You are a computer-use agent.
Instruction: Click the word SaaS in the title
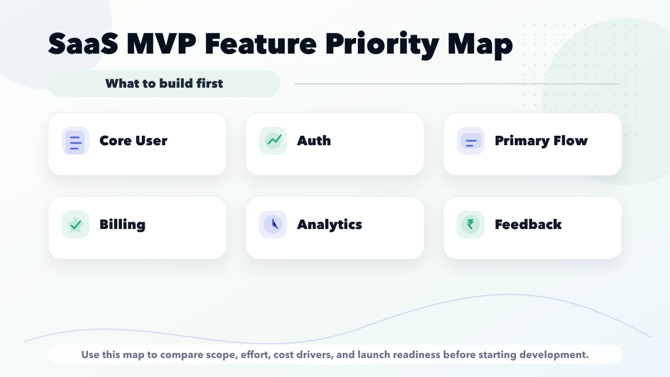(83, 44)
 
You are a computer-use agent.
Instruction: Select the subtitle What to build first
(164, 84)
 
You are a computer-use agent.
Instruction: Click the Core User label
(133, 141)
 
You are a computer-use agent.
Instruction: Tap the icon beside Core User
(75, 141)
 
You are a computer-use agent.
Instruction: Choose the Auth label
(314, 141)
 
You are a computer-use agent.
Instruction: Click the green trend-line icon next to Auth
(273, 141)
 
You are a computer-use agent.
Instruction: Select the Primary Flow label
(541, 141)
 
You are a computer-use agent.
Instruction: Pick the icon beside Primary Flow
(471, 141)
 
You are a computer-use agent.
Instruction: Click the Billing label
(122, 225)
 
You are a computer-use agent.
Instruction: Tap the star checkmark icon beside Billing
(75, 225)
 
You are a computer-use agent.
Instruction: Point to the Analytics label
(329, 225)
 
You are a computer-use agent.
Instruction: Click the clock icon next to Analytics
(273, 225)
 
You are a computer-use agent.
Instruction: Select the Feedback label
(528, 225)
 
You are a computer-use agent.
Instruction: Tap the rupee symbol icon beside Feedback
(471, 225)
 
